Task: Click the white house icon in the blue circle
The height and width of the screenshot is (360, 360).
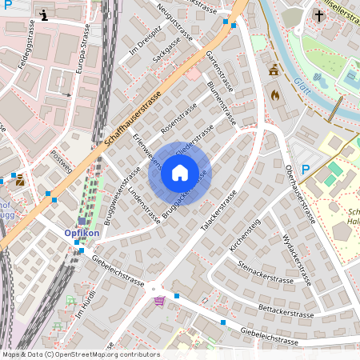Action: [x=180, y=173]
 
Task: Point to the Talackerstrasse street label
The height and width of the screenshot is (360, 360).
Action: [x=219, y=211]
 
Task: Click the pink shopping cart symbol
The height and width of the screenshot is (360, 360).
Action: [x=159, y=301]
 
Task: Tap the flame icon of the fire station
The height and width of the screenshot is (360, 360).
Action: [x=276, y=94]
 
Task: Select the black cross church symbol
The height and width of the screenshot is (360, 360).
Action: [x=318, y=15]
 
